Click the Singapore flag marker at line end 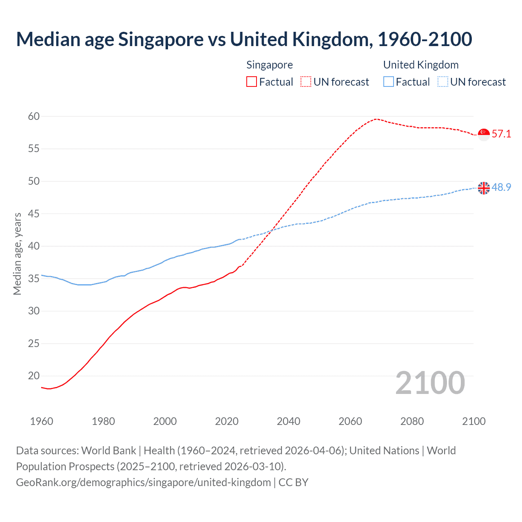tap(484, 134)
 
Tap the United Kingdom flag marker tap(484, 188)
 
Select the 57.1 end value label tap(501, 134)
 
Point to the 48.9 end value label tap(501, 187)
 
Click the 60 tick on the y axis tap(34, 117)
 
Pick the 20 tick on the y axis tap(34, 376)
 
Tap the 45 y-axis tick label tap(34, 214)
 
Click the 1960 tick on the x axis tap(42, 421)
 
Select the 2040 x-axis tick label tap(288, 421)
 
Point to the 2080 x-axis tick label tap(412, 421)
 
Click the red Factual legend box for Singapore tap(252, 82)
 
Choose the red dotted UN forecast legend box tap(306, 82)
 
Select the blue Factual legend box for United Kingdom tap(389, 82)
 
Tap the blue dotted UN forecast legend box tap(443, 82)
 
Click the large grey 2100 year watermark tap(430, 383)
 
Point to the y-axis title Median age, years tap(17, 254)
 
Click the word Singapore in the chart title tap(161, 39)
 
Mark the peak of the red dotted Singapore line tap(376, 119)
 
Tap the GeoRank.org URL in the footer tap(143, 482)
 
